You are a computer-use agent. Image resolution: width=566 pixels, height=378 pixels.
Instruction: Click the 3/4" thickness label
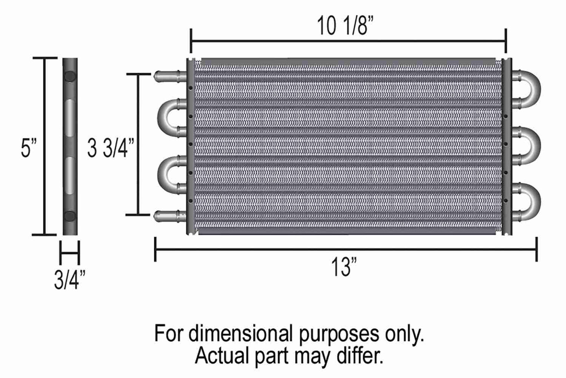click(69, 281)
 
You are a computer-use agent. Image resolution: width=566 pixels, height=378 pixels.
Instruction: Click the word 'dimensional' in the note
click(241, 334)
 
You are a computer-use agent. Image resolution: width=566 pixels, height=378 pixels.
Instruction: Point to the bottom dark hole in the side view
click(70, 215)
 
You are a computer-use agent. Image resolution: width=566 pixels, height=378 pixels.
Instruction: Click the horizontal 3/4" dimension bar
click(70, 252)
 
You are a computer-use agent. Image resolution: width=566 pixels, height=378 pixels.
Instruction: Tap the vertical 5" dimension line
click(44, 146)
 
